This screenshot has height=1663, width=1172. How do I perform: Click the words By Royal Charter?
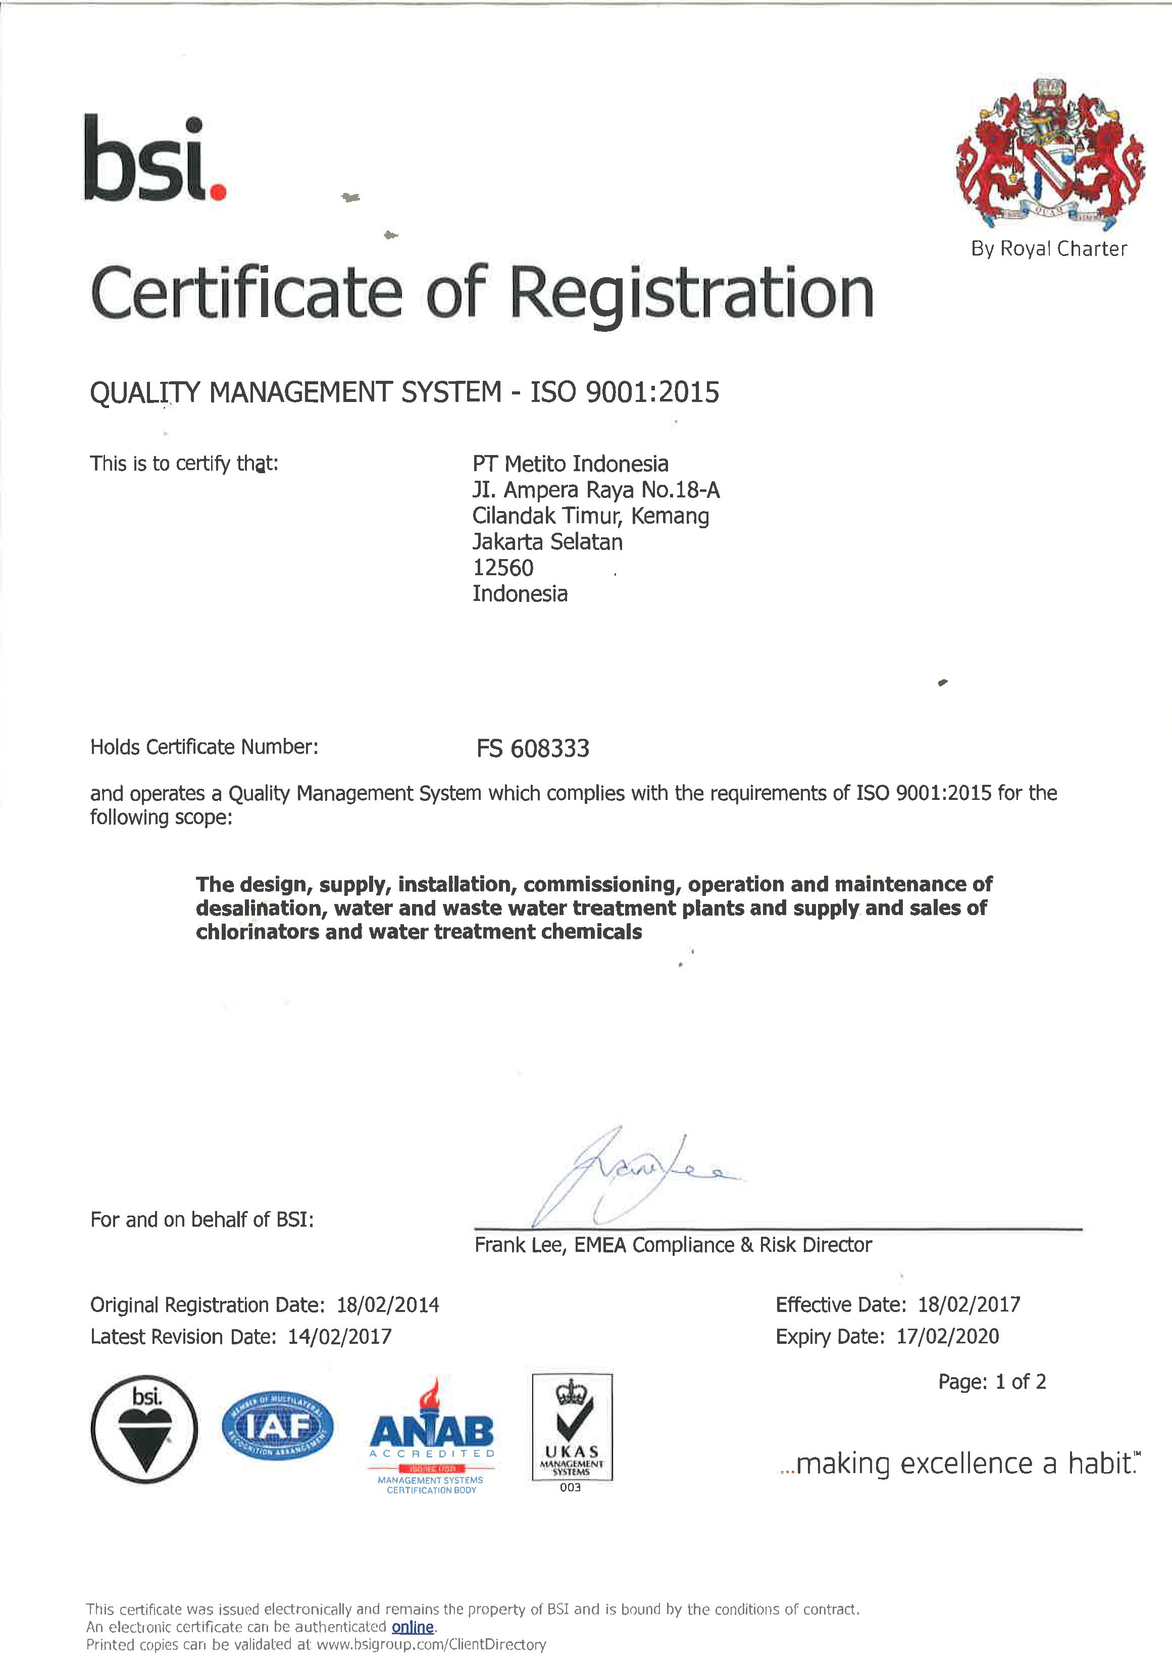click(x=1049, y=249)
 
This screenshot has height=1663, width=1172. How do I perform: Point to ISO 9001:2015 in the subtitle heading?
click(x=625, y=392)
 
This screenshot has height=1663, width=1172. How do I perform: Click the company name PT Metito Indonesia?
click(x=570, y=464)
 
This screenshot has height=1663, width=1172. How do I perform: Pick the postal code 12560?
click(x=503, y=567)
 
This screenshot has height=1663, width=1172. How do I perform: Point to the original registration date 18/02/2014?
click(x=387, y=1305)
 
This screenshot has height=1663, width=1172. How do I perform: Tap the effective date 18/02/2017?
click(x=969, y=1305)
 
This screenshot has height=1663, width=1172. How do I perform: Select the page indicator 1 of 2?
click(x=1021, y=1382)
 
